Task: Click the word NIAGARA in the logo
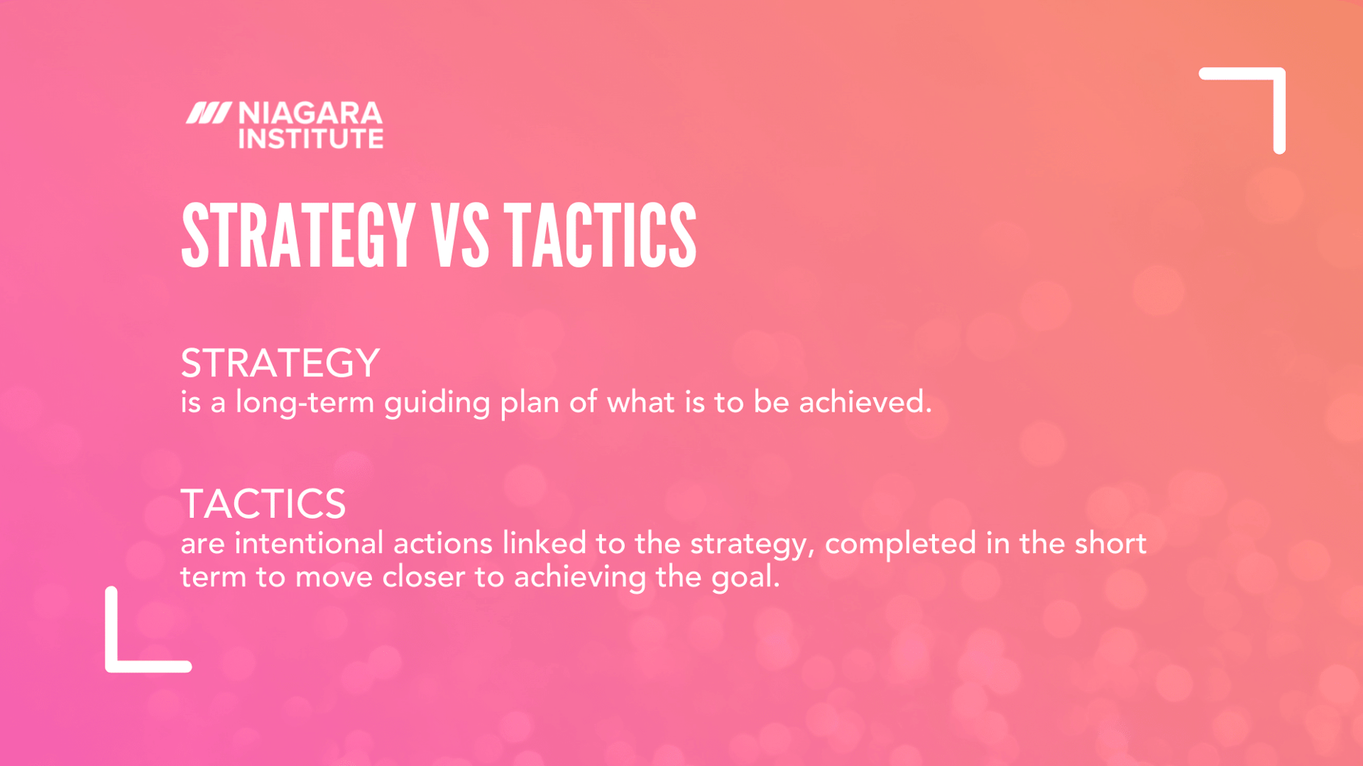click(310, 113)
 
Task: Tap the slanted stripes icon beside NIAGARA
click(208, 113)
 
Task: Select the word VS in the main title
click(460, 236)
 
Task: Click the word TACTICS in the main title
click(600, 236)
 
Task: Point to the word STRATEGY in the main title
click(298, 236)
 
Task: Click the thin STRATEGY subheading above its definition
click(280, 363)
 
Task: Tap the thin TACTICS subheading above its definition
click(263, 504)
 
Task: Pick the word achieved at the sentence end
click(863, 402)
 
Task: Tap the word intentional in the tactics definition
click(309, 544)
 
